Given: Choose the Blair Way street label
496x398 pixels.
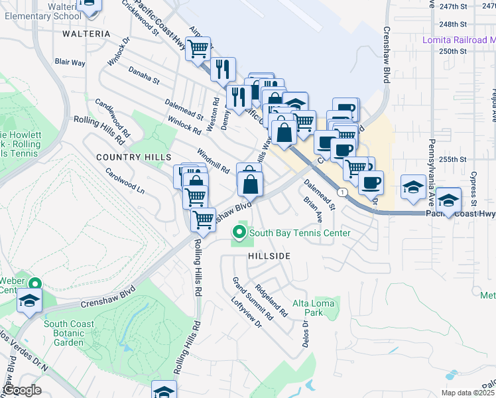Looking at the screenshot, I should tap(70, 62).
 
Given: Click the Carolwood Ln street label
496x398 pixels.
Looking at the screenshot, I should tap(125, 179).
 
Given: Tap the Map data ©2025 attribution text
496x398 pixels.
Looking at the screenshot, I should tap(467, 393).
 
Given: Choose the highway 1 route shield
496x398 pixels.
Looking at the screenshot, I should tap(341, 192).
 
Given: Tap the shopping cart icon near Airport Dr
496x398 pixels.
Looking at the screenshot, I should tap(198, 48).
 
